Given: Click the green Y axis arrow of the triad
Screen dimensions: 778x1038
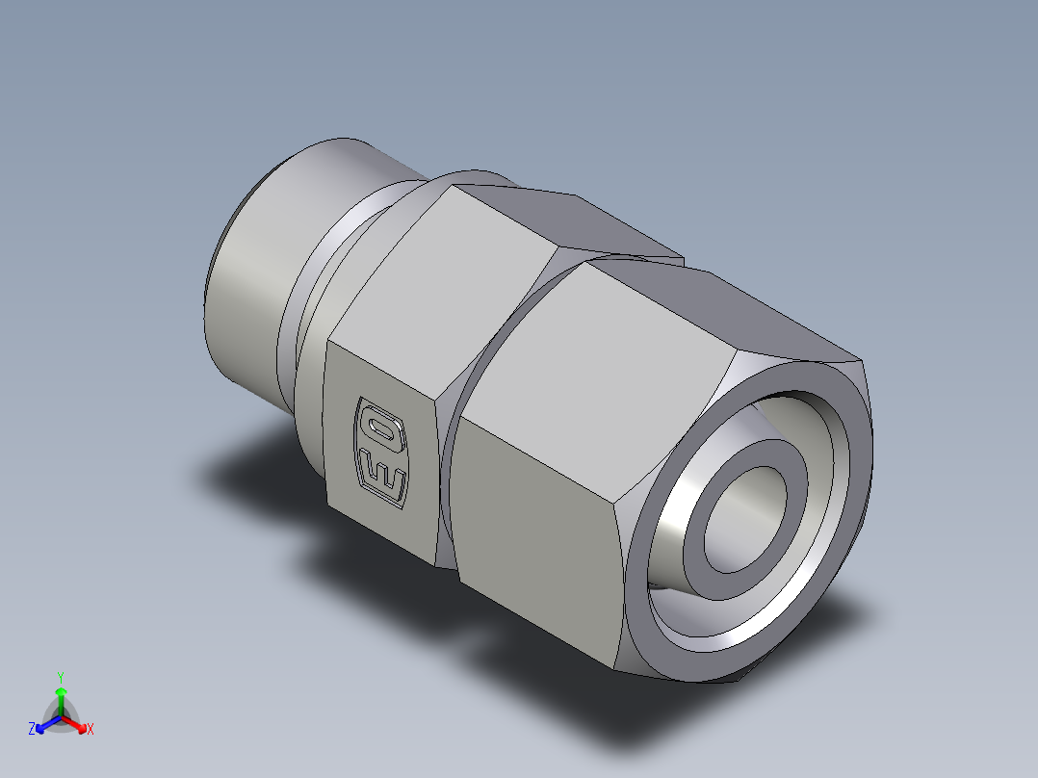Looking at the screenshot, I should (61, 695).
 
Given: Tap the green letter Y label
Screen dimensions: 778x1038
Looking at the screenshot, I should (61, 676).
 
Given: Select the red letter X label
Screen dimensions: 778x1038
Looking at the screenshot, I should (91, 730).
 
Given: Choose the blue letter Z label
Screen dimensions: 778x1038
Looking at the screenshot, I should (32, 730).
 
